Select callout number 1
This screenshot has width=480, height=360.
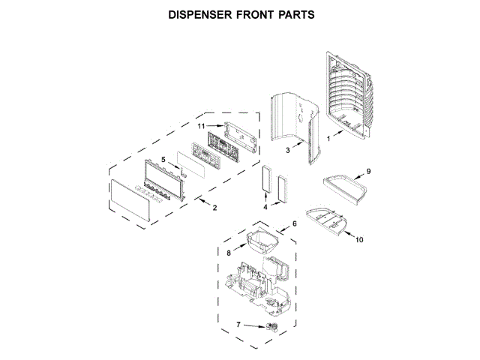327,138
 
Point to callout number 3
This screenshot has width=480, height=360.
287,150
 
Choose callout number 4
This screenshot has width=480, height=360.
265,205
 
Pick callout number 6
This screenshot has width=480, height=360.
295,223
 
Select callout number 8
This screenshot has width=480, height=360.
229,253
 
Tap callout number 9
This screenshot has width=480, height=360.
367,172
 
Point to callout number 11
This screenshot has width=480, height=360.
201,127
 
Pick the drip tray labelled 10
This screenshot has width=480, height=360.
330,221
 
